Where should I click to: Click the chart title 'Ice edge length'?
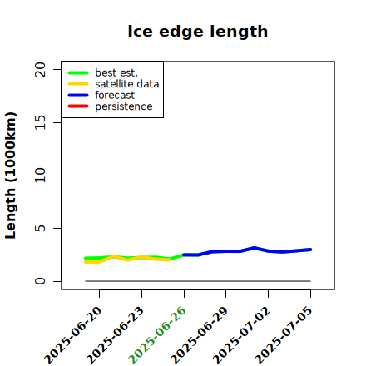(198, 32)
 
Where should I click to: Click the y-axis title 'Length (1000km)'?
(11, 176)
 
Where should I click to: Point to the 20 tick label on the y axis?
(40, 69)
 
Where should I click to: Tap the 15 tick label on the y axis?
(40, 122)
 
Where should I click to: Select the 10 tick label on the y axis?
(40, 176)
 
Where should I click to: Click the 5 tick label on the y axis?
(40, 228)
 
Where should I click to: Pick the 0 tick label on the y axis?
(40, 281)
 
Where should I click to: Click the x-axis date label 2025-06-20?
(72, 335)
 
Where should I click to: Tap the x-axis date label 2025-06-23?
(115, 335)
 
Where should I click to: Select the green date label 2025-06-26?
(157, 335)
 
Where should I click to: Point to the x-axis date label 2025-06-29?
(199, 335)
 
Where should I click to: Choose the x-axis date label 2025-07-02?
(241, 335)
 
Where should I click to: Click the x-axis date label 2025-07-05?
(284, 335)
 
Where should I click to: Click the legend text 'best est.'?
(116, 72)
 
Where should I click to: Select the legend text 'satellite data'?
(127, 84)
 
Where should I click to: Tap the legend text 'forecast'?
(115, 95)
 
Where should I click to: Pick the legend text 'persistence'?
(124, 106)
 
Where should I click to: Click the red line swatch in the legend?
(78, 106)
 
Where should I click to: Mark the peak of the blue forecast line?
(255, 248)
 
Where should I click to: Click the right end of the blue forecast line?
(310, 250)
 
